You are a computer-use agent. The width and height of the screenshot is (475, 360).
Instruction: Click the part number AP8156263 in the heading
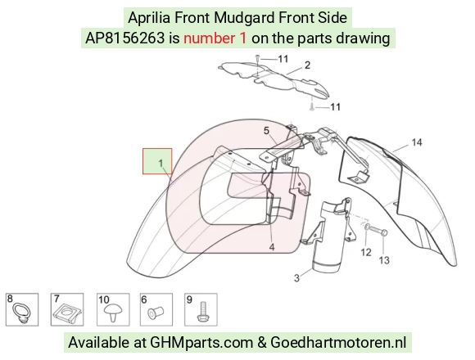tap(124, 38)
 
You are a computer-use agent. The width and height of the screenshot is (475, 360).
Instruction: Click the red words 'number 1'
tap(215, 38)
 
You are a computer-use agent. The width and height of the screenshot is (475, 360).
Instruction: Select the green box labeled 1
tap(157, 161)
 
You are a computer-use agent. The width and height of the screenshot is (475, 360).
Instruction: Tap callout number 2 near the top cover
tap(307, 65)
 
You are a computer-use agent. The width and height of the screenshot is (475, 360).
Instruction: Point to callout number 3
tap(296, 277)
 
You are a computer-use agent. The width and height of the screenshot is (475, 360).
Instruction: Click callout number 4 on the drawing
tap(272, 247)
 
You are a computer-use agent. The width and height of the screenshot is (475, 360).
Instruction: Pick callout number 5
tap(266, 131)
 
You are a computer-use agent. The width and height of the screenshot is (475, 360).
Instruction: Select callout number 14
tap(417, 142)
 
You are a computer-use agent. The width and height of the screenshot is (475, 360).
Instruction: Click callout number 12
tap(366, 252)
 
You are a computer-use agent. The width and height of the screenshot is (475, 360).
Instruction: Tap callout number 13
tap(384, 260)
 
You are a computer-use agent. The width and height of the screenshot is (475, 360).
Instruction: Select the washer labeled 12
tap(365, 227)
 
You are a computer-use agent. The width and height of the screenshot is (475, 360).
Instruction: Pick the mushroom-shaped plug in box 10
tap(113, 313)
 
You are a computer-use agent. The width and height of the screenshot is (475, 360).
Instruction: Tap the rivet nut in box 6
tap(156, 313)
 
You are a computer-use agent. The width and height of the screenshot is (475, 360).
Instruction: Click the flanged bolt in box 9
tap(202, 312)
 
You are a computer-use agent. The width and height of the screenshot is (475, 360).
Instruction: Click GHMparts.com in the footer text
tap(201, 343)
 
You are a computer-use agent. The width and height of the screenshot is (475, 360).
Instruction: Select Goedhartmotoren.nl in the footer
tap(338, 343)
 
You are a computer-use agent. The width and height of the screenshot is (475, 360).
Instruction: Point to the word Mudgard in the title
tap(244, 17)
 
